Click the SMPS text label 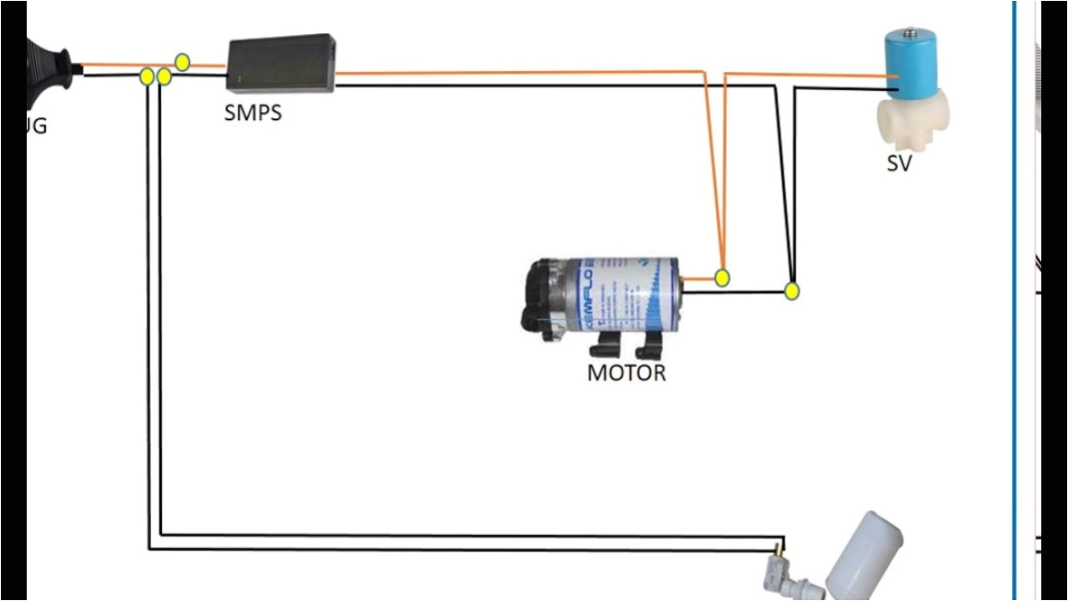253,113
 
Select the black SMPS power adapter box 282,63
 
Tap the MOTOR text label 627,372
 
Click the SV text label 899,164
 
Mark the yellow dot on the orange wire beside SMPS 182,62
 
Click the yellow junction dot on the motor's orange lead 723,277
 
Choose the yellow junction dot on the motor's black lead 792,291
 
